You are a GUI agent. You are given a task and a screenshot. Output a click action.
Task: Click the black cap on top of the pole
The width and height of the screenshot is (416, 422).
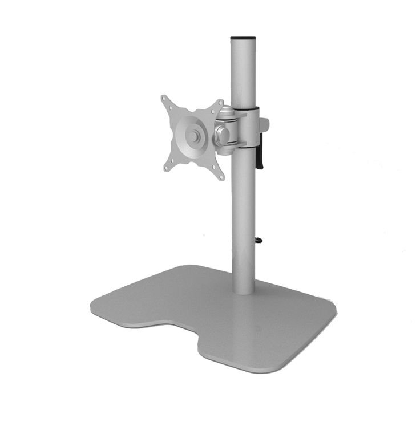coord(243,39)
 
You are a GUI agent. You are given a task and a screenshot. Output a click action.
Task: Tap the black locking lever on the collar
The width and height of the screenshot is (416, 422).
coord(260,155)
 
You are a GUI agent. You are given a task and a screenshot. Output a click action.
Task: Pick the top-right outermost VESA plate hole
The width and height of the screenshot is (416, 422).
coord(219,103)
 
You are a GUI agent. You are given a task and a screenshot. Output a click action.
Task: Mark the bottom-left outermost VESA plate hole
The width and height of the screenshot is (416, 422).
coord(166,168)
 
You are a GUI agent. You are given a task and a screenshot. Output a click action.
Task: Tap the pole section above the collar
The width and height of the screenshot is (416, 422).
coord(243,74)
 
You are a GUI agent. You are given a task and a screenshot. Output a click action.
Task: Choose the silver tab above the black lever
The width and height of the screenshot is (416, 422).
coord(264,125)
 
